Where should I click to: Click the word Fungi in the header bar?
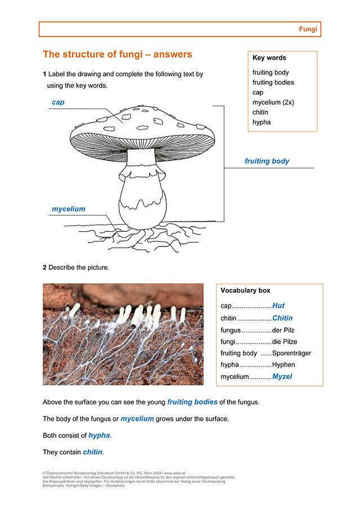pyautogui.click(x=308, y=29)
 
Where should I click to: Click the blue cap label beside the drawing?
pyautogui.click(x=58, y=102)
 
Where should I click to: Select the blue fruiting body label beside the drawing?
pyautogui.click(x=267, y=161)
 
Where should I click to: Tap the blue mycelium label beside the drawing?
pyautogui.click(x=69, y=209)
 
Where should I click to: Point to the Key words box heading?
pyautogui.click(x=269, y=58)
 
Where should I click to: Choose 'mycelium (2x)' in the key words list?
pyautogui.click(x=273, y=102)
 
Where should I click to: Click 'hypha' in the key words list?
pyautogui.click(x=262, y=122)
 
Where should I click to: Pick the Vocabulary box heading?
pyautogui.click(x=245, y=291)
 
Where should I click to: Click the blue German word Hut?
pyautogui.click(x=278, y=306)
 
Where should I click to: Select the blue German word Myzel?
pyautogui.click(x=282, y=377)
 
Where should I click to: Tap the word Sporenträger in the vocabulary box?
pyautogui.click(x=291, y=353)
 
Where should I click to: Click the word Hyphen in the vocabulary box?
pyautogui.click(x=285, y=365)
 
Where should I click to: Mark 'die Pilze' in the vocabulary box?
pyautogui.click(x=285, y=341)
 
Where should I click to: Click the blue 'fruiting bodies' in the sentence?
pyautogui.click(x=192, y=402)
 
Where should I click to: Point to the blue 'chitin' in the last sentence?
pyautogui.click(x=93, y=452)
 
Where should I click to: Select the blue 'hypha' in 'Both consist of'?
pyautogui.click(x=99, y=435)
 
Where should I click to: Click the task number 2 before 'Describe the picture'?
pyautogui.click(x=44, y=268)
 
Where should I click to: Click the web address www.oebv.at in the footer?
pyautogui.click(x=175, y=474)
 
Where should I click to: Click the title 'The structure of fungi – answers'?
pyautogui.click(x=118, y=55)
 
